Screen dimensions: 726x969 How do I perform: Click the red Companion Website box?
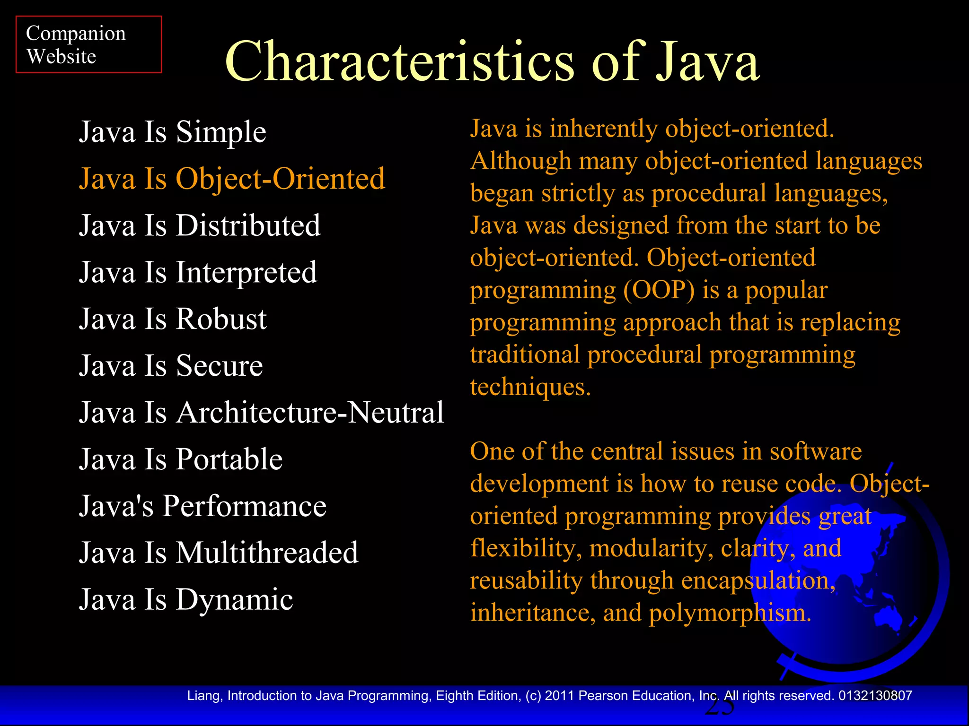click(x=88, y=44)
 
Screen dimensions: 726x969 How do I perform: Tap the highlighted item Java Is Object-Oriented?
click(x=232, y=179)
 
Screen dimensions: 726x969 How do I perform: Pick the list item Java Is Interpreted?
click(x=198, y=272)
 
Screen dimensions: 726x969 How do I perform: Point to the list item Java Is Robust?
click(x=173, y=319)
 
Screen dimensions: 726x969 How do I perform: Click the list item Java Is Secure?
click(x=171, y=365)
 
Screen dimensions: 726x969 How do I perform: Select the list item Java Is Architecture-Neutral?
click(x=261, y=412)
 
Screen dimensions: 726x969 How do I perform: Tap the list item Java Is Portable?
click(x=181, y=459)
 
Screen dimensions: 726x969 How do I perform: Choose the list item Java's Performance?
click(x=203, y=506)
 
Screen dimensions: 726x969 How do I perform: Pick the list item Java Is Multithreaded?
click(x=219, y=553)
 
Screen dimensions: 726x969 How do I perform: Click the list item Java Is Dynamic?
click(x=186, y=599)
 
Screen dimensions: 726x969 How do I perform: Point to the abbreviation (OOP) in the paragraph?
click(x=659, y=290)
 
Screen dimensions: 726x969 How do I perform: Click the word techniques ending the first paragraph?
click(x=530, y=387)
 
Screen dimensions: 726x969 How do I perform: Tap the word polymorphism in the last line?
click(x=730, y=613)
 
